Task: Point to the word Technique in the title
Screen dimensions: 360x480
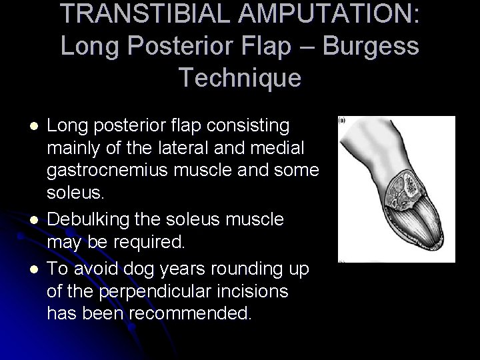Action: click(240, 78)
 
